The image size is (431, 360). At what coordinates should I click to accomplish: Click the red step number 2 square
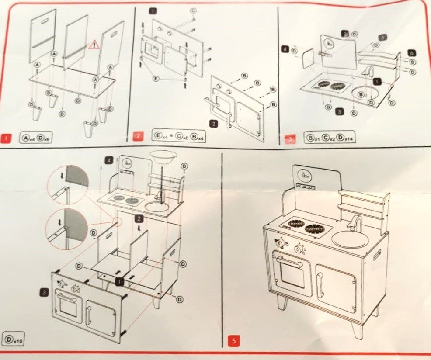click(138, 136)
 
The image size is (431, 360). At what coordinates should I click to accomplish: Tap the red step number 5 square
click(233, 341)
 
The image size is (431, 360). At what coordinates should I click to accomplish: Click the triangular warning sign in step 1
click(94, 44)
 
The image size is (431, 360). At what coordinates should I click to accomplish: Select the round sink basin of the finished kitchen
click(350, 239)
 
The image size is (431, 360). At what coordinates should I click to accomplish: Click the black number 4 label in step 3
click(285, 49)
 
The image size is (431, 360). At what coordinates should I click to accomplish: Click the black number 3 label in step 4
click(45, 292)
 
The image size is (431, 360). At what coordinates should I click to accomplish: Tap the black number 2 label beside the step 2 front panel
click(213, 124)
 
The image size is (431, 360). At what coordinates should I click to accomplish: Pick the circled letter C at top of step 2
click(193, 10)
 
